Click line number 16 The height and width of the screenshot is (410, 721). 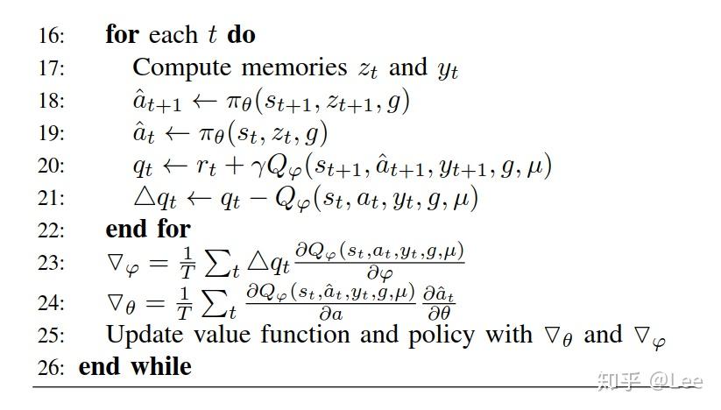click(x=52, y=36)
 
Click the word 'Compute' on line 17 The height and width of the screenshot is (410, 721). click(x=182, y=67)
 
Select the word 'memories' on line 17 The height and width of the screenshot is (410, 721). click(x=295, y=67)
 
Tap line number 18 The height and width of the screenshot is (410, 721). click(x=52, y=101)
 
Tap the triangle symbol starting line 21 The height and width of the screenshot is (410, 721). click(x=142, y=198)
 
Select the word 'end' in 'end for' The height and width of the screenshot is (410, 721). click(x=124, y=230)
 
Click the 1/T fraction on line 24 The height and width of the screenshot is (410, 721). click(x=186, y=302)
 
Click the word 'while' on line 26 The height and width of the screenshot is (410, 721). click(x=160, y=366)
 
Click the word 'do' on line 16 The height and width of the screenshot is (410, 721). click(x=241, y=35)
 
